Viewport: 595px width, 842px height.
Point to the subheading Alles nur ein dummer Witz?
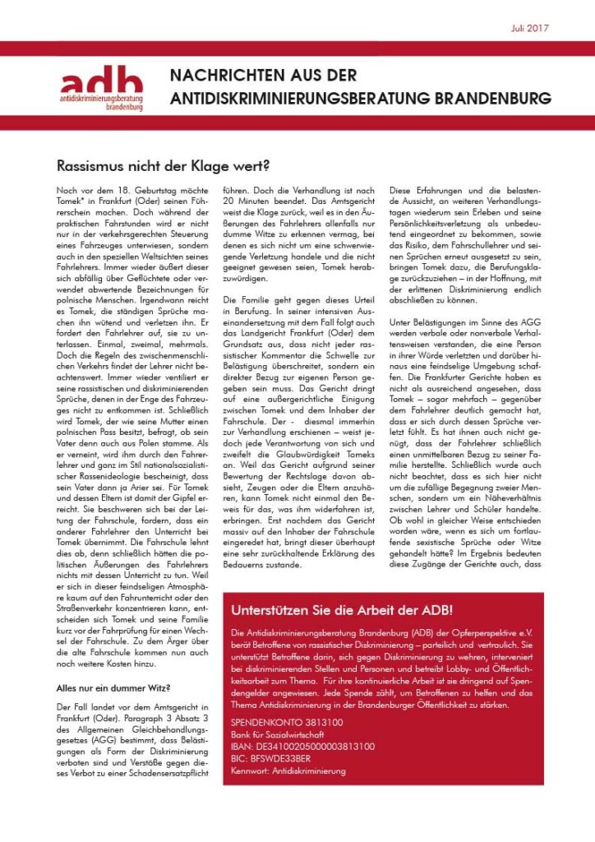click(x=112, y=687)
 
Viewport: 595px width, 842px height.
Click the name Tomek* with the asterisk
click(x=73, y=203)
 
